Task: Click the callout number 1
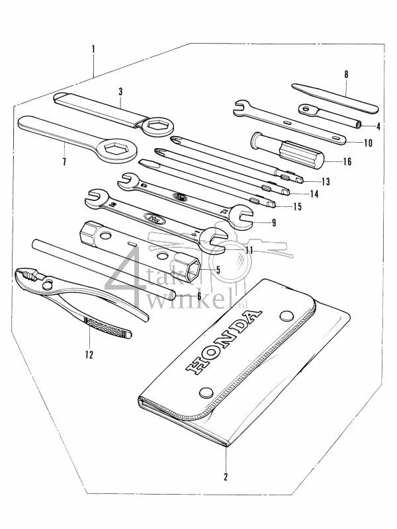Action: point(94,49)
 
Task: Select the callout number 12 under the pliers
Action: point(89,354)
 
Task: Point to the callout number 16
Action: point(347,161)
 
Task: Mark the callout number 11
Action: point(249,250)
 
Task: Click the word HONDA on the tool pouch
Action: point(222,343)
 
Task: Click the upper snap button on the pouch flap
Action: point(286,315)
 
